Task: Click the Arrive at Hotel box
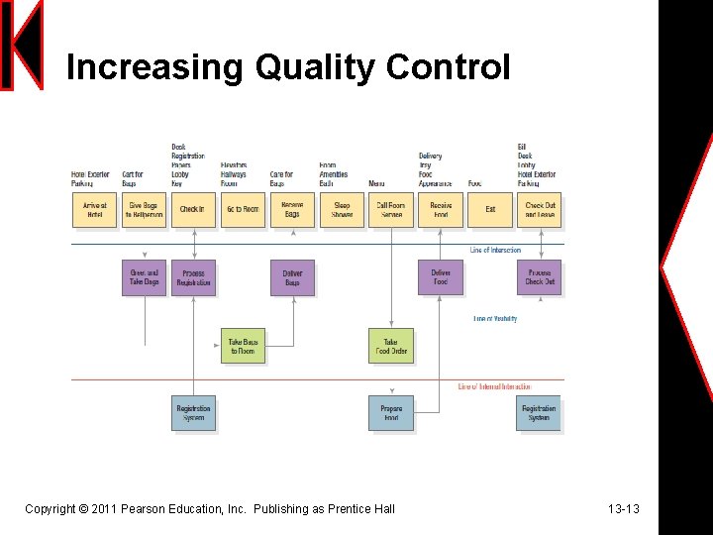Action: coord(94,210)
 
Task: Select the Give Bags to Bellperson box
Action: coord(144,210)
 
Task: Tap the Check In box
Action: coord(192,210)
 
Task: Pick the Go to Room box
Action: coord(243,210)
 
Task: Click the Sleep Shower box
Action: coord(342,210)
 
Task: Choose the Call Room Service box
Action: coord(391,210)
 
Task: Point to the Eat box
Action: coord(490,210)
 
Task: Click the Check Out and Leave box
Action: coord(540,210)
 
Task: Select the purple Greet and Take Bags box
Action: coord(144,277)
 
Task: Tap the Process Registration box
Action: coord(193,277)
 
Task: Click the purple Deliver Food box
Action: coord(441,277)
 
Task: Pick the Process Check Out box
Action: coord(540,277)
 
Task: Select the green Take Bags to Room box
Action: coord(243,346)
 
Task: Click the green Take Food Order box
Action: coord(391,346)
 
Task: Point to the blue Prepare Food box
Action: coord(391,413)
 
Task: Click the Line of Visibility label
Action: coord(495,319)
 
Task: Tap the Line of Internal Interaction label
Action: coord(494,387)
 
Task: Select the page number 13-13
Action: coord(624,509)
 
